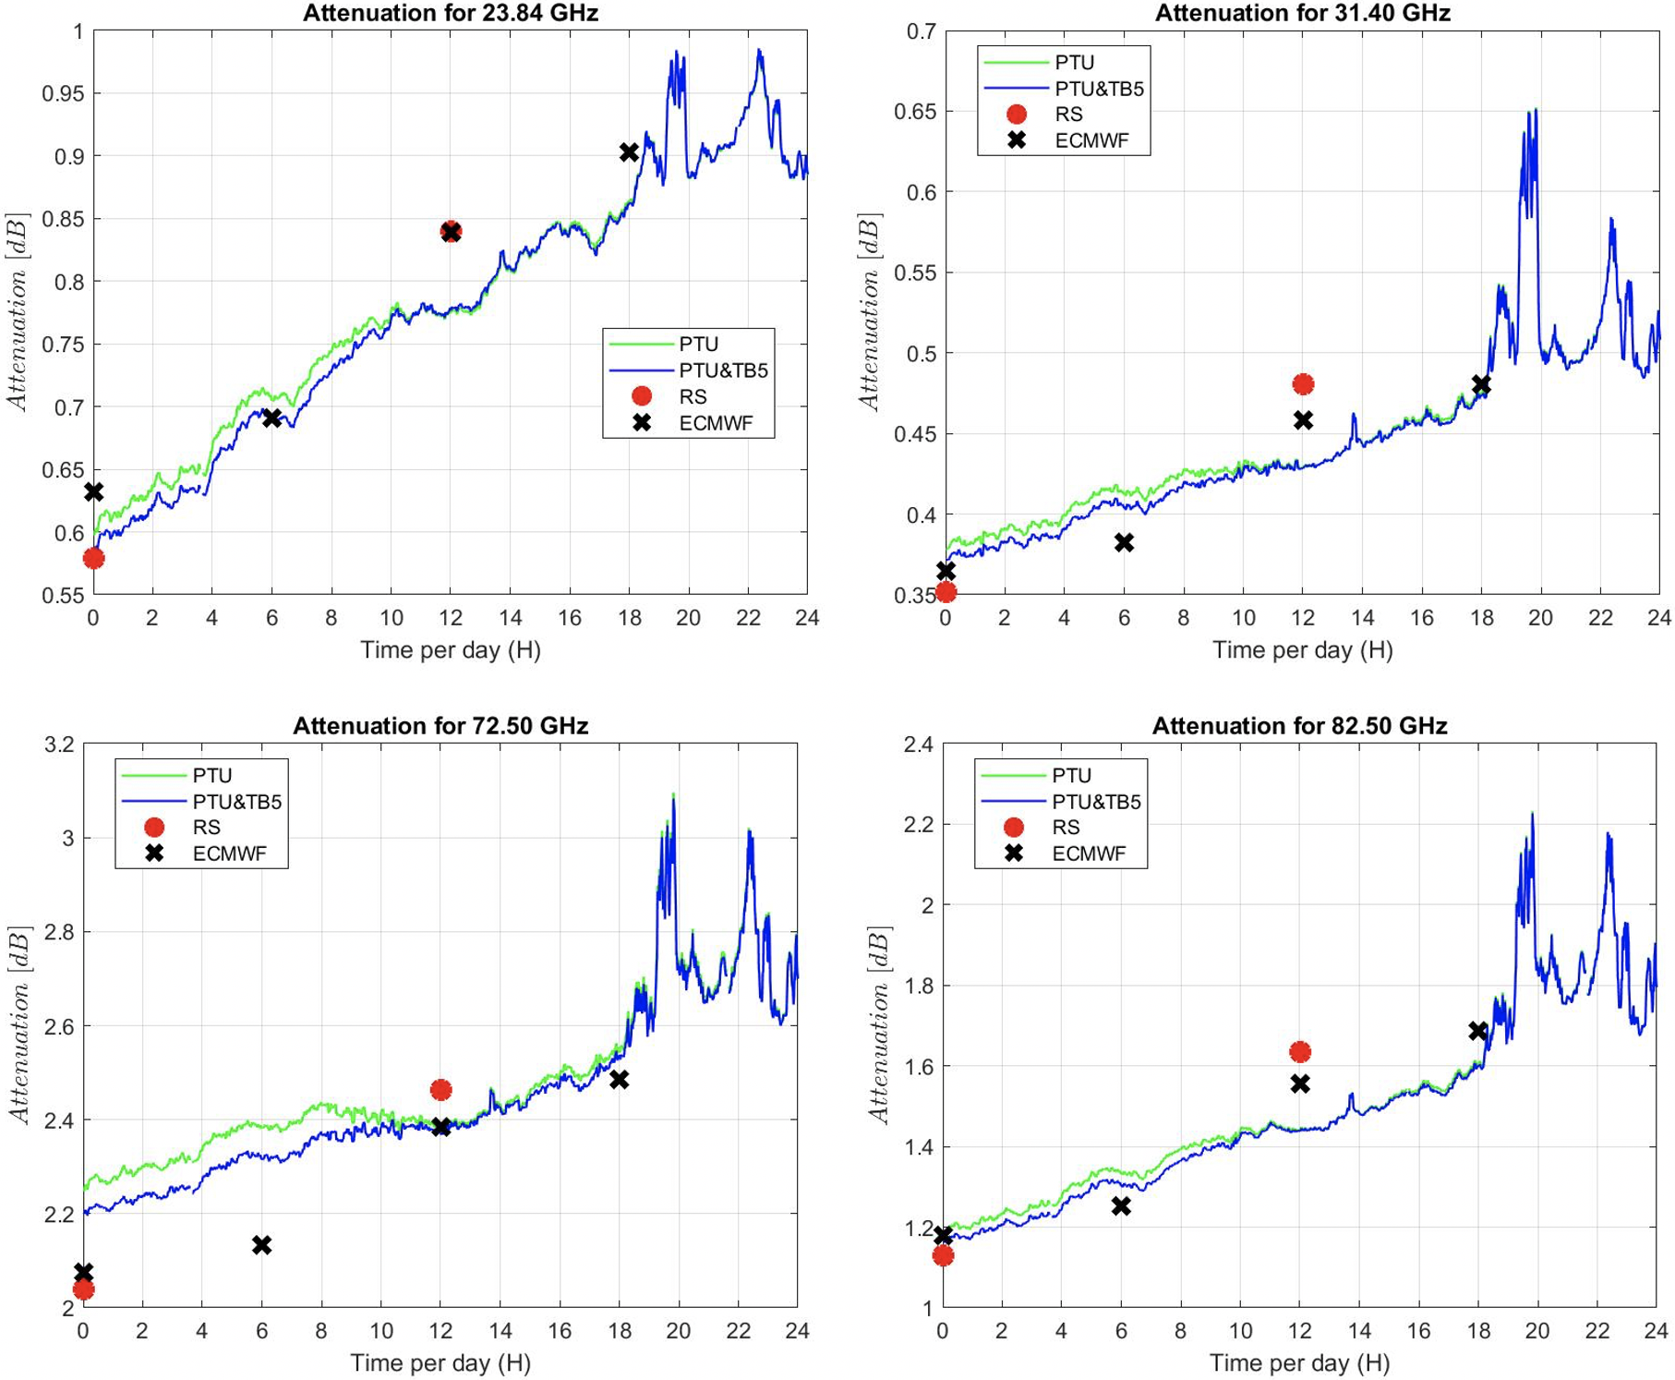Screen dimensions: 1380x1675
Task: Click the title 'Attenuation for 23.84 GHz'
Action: (x=450, y=13)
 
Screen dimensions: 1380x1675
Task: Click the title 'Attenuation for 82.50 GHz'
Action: (x=1299, y=726)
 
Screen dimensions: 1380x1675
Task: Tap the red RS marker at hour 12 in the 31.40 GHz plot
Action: (x=1303, y=384)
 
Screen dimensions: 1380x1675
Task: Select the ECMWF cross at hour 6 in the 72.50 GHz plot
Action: (x=261, y=1245)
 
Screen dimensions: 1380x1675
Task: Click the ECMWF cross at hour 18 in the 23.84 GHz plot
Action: (x=629, y=152)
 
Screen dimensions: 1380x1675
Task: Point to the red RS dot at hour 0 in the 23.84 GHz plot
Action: (x=93, y=558)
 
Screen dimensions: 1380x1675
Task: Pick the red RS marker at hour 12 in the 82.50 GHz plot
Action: (x=1300, y=1051)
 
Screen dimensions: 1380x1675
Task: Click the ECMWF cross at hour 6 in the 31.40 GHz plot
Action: (x=1124, y=542)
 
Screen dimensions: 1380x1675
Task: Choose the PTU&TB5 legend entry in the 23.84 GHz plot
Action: (x=723, y=370)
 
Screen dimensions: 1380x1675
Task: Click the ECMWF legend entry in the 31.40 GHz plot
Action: (x=1091, y=141)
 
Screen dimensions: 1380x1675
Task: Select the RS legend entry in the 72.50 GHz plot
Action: (x=206, y=828)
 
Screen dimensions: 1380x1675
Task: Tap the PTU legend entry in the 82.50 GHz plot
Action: (x=1071, y=776)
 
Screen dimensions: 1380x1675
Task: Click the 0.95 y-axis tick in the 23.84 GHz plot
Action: (x=63, y=93)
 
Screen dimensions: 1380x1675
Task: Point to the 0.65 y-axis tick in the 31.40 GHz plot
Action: (x=914, y=112)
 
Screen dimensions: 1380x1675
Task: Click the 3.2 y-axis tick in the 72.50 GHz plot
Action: (x=58, y=744)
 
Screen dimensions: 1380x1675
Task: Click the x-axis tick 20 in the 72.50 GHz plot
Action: (x=679, y=1331)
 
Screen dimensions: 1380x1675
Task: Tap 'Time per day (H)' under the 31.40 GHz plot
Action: (x=1302, y=650)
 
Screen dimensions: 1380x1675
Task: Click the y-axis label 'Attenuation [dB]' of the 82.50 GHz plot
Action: (x=879, y=1024)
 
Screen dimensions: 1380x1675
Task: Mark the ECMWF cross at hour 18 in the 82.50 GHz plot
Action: (x=1478, y=1030)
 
